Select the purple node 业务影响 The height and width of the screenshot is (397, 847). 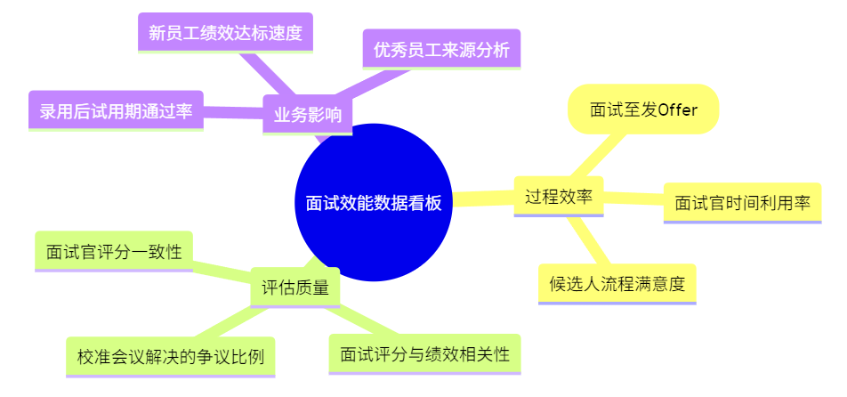click(307, 115)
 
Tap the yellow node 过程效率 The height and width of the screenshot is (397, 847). click(559, 196)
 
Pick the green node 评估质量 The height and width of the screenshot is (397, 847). click(294, 287)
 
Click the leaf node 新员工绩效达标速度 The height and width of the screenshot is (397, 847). click(225, 33)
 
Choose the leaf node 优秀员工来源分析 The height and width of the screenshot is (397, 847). click(441, 50)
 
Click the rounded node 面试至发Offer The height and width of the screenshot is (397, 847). click(642, 109)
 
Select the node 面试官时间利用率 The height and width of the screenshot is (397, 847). click(742, 202)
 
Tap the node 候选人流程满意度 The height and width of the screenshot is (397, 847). click(617, 284)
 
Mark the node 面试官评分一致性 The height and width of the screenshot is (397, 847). click(113, 251)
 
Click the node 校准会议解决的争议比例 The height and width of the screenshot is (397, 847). click(170, 357)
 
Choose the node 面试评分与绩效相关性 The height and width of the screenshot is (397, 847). click(424, 354)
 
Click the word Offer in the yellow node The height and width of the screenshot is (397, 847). click(678, 109)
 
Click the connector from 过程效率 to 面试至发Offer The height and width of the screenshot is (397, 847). click(597, 156)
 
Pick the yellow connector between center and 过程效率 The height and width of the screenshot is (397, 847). click(485, 198)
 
